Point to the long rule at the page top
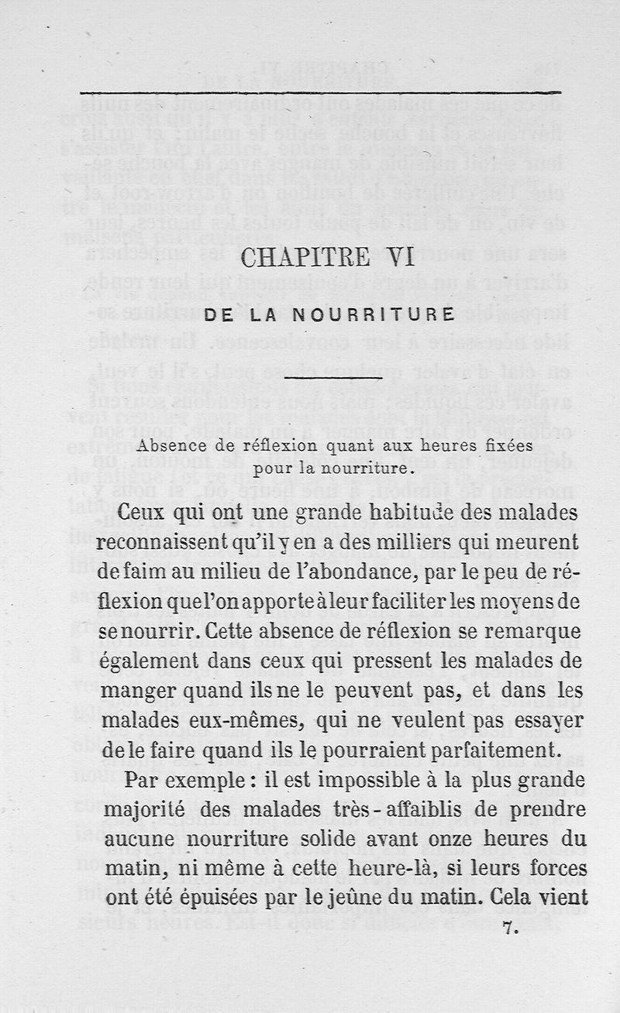point(320,94)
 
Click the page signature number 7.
point(509,926)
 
